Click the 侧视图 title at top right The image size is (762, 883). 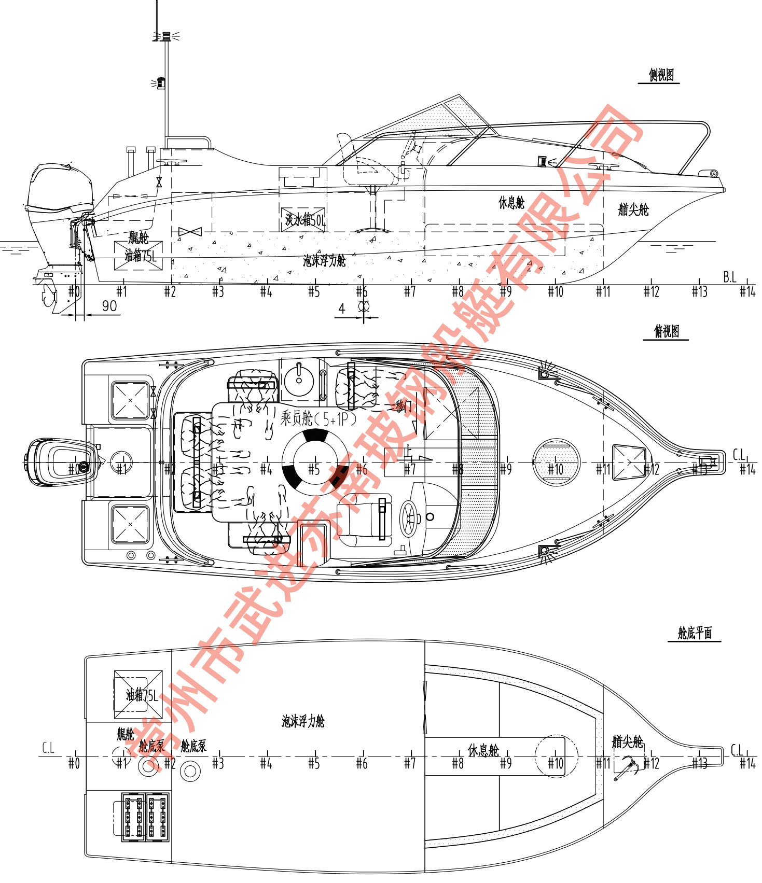pos(661,75)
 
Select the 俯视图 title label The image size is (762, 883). pos(666,331)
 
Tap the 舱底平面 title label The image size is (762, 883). pos(695,633)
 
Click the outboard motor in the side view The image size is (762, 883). pos(60,207)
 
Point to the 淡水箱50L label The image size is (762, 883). pos(304,220)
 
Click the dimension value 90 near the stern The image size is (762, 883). pos(109,306)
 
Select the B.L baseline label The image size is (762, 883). pos(730,277)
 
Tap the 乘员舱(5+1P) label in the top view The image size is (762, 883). pos(318,418)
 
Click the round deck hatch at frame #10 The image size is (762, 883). pos(556,461)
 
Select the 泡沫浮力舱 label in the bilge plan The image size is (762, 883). pos(303,721)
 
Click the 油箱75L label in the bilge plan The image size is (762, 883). pos(141,695)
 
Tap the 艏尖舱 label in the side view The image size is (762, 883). pos(633,209)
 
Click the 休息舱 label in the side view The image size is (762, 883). pos(511,203)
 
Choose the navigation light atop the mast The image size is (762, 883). pos(166,36)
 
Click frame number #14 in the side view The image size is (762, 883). pos(747,292)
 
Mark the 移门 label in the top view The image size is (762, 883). pos(403,406)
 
